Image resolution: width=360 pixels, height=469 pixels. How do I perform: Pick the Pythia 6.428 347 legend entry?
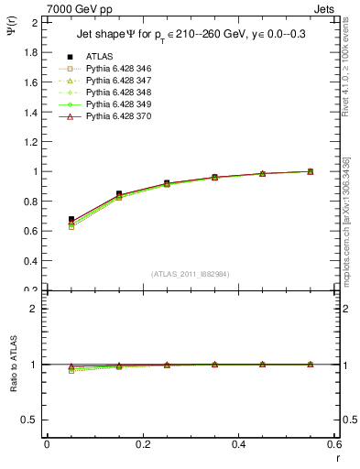pos(119,81)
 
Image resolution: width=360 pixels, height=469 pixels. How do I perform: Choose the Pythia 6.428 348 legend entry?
pos(119,93)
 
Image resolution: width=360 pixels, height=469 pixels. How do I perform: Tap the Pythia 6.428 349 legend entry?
pos(119,104)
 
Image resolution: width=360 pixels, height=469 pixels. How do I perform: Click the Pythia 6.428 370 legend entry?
pos(119,116)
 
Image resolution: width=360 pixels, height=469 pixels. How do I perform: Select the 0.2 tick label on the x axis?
pos(143,444)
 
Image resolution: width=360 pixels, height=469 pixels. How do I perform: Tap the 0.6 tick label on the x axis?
pos(335,444)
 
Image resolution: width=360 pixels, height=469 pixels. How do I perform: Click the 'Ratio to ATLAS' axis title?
pos(13,363)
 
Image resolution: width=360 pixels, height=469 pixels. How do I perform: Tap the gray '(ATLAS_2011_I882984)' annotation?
pos(190,273)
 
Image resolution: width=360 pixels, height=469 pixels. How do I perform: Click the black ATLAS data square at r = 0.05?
pos(71,220)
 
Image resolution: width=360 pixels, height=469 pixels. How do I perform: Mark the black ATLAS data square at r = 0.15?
pos(119,194)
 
